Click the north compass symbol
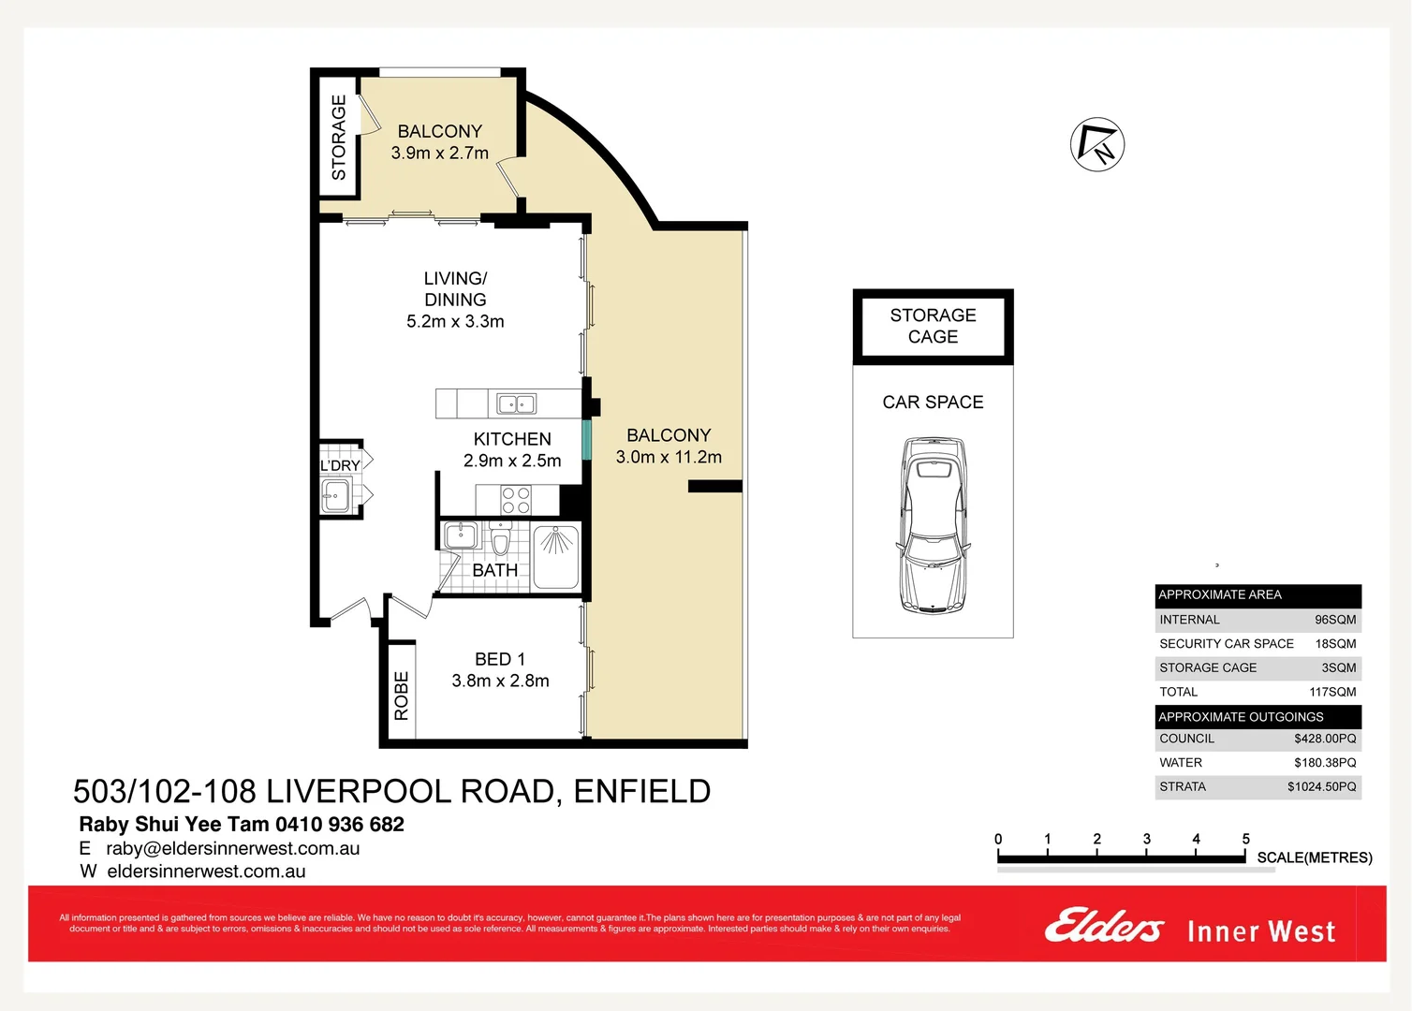click(1096, 145)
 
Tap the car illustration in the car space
click(933, 525)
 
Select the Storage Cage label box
click(933, 326)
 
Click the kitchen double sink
click(516, 404)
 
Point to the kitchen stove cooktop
click(516, 500)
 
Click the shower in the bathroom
click(556, 557)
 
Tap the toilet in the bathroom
click(500, 540)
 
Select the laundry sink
click(335, 496)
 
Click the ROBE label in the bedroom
click(402, 696)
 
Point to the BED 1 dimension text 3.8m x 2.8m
click(500, 681)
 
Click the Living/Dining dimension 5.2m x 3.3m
click(455, 322)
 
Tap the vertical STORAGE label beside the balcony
click(338, 137)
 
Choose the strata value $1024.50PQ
click(1321, 787)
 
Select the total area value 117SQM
click(1331, 693)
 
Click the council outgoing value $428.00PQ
click(1324, 739)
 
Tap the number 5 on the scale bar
click(1245, 840)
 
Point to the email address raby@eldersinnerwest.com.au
click(232, 849)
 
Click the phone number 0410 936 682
click(341, 825)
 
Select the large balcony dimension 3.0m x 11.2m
click(669, 458)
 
